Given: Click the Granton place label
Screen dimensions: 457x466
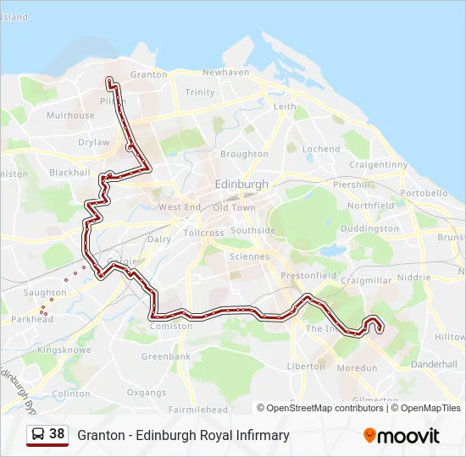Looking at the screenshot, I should point(149,74).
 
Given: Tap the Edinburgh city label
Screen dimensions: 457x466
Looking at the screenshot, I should point(241,184).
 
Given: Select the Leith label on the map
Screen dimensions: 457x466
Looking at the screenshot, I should point(285,107).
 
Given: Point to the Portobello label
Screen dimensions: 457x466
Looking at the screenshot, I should point(423,193).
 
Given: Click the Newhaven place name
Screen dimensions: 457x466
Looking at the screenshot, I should point(225,73).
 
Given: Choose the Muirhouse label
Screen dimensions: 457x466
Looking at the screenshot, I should point(70,115).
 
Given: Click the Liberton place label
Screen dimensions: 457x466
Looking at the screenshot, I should point(306,366).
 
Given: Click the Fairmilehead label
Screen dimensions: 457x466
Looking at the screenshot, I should point(198,410).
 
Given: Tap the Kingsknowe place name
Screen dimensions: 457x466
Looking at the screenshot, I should point(64,349).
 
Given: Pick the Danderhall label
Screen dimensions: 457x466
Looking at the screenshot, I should point(433,364).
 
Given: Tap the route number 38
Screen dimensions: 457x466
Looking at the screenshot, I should point(57,434).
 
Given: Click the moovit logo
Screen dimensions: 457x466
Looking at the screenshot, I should point(402,436).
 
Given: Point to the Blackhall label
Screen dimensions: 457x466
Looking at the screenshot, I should point(69,173).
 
